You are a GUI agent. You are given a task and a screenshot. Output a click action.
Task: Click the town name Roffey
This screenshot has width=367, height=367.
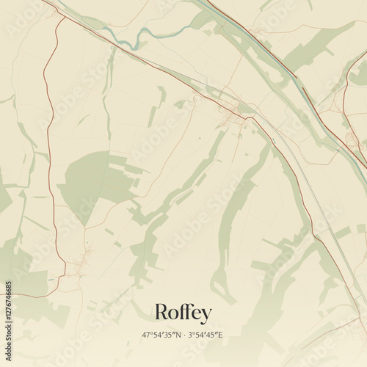coord(183,313)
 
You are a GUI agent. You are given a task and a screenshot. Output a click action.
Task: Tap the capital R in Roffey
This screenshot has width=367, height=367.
coord(161,313)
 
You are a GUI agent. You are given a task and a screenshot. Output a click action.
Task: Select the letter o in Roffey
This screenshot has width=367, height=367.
coord(173,314)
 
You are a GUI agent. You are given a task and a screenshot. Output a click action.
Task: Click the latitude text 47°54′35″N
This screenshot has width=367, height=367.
coord(161,335)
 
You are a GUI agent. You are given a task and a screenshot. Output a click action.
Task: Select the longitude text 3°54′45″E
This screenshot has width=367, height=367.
coord(206,335)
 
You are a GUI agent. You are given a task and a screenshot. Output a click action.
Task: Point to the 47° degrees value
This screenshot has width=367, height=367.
coord(148,335)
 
